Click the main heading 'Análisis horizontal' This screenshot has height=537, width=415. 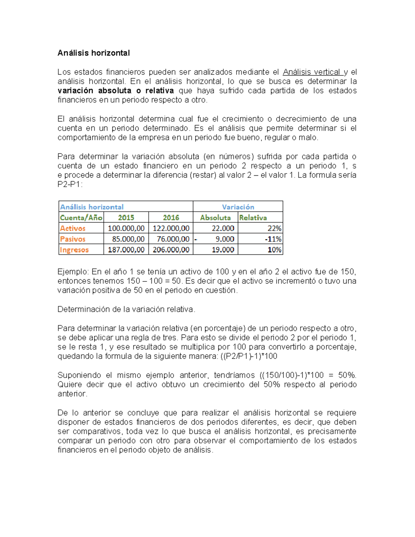93,53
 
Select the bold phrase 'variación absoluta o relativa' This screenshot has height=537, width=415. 116,91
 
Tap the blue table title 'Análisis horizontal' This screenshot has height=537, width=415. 92,207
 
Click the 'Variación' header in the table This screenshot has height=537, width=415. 238,207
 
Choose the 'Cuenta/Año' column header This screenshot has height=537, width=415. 81,217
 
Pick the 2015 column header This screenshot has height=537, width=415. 126,217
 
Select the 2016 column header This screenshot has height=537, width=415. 171,217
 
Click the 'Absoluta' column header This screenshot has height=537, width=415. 215,217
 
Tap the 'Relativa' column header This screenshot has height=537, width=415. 253,217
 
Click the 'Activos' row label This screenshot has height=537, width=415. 73,228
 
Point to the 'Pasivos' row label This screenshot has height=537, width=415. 73,239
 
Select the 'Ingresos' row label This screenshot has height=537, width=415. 74,250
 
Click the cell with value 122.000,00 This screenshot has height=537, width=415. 171,228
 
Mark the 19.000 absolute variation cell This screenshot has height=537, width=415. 223,250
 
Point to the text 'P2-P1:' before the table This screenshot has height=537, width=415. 70,184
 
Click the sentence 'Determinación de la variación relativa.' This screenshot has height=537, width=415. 126,309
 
